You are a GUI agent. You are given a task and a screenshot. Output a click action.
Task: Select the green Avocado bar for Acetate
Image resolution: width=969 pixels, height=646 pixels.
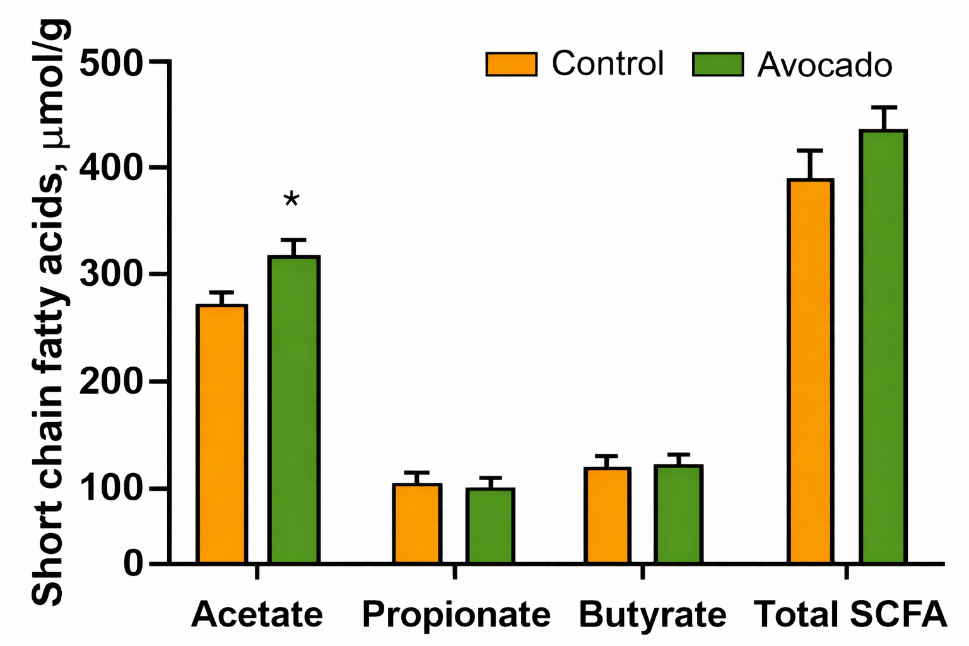click(294, 410)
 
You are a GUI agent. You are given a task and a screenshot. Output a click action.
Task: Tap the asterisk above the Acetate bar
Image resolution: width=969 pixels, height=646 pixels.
click(291, 201)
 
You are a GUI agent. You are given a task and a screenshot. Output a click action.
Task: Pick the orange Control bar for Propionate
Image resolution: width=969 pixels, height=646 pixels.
click(417, 524)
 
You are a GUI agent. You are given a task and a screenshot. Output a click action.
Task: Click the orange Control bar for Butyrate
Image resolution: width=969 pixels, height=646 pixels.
click(607, 515)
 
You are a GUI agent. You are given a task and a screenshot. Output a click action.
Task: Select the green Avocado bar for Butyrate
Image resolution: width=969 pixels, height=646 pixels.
click(678, 514)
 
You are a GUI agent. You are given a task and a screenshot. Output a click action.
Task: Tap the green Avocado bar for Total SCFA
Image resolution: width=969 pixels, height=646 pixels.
click(883, 347)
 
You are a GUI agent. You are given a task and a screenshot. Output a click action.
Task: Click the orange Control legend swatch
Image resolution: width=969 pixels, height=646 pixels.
click(511, 64)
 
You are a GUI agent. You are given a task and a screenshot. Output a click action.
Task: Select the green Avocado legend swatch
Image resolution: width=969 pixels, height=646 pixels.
click(717, 64)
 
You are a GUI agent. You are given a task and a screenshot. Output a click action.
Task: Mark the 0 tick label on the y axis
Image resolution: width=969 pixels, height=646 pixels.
click(133, 563)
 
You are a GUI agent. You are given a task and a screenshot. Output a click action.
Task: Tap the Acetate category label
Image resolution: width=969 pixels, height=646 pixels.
click(257, 614)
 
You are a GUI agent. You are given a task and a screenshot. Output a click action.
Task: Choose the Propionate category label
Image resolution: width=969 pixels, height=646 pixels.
click(456, 614)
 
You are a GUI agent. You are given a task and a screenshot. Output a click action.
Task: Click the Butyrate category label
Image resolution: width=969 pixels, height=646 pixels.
click(652, 614)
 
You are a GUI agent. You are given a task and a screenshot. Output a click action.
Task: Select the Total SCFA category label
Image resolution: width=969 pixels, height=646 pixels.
click(850, 614)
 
